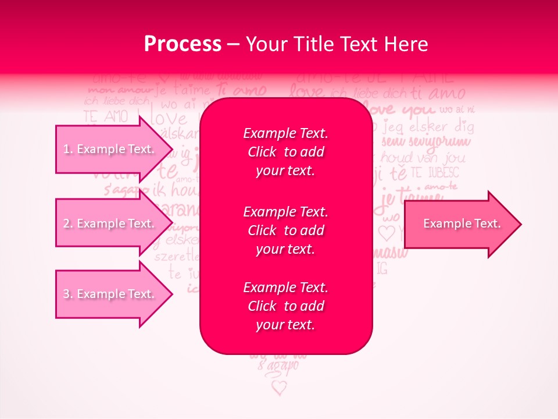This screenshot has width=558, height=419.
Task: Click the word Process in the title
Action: (x=183, y=44)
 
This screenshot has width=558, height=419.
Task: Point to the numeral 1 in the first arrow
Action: (x=66, y=149)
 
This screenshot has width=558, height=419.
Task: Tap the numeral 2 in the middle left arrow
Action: (x=67, y=223)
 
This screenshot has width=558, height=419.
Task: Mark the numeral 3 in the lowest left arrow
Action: (x=67, y=294)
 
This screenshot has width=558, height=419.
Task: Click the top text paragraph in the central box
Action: (x=285, y=152)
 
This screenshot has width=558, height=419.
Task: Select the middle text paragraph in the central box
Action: (x=285, y=230)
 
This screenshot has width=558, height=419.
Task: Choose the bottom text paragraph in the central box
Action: (x=285, y=306)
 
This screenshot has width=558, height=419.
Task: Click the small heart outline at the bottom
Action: (x=280, y=387)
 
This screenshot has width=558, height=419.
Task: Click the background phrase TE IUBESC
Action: (x=434, y=172)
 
